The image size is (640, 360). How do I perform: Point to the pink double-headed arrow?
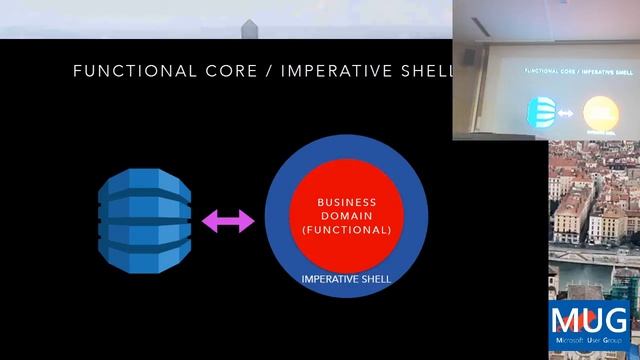[228, 221]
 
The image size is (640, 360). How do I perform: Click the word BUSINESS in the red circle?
[346, 201]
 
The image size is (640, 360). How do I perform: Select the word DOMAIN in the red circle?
[346, 215]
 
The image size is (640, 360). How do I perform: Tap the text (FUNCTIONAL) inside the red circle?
[346, 229]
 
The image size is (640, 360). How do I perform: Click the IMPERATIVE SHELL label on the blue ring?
[346, 278]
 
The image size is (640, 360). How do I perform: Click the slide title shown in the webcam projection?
[567, 72]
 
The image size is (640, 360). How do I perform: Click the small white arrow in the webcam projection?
[566, 113]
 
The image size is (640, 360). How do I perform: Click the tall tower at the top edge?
[249, 28]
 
